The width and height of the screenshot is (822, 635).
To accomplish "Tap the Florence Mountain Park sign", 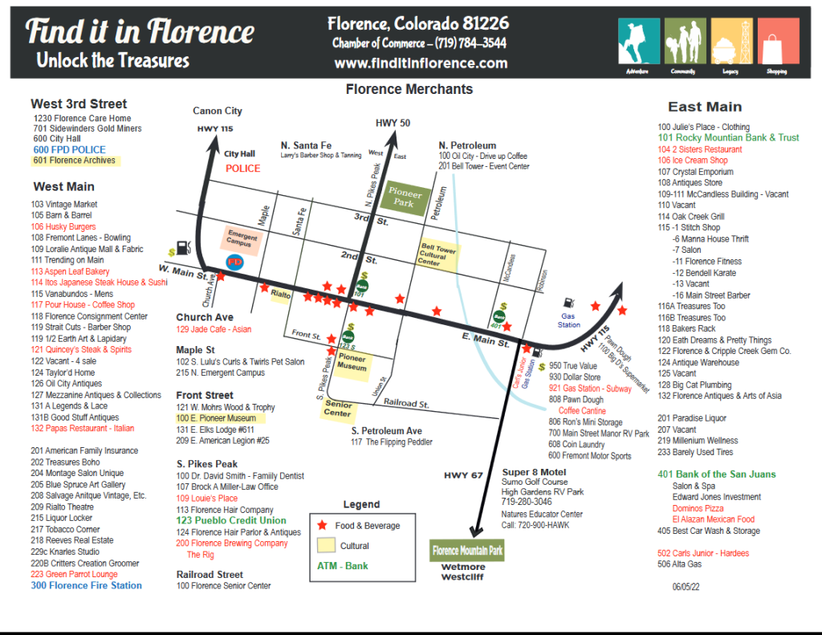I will (x=467, y=551).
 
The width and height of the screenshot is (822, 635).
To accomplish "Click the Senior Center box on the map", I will (x=338, y=409).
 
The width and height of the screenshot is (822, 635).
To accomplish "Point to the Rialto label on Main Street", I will (x=281, y=295).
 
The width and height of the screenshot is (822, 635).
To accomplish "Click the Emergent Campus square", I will (x=242, y=240).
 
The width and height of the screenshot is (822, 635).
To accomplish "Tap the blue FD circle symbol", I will (x=236, y=262).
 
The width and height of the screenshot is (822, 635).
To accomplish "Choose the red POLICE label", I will (x=242, y=169).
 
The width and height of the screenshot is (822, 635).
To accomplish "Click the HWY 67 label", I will (x=462, y=476).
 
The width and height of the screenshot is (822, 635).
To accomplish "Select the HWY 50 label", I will (x=393, y=122).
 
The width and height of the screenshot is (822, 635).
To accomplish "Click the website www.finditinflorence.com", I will (x=421, y=63).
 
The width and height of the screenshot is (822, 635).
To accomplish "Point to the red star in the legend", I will (x=323, y=526).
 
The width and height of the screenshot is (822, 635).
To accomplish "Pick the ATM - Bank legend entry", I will (x=343, y=566).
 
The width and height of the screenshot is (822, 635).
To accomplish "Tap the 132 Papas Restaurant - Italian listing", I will (x=83, y=429).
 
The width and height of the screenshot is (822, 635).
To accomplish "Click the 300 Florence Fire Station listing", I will (x=86, y=586).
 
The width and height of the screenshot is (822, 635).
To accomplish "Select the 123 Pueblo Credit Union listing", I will (x=231, y=520).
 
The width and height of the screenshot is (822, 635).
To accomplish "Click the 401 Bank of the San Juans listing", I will (x=717, y=474).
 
